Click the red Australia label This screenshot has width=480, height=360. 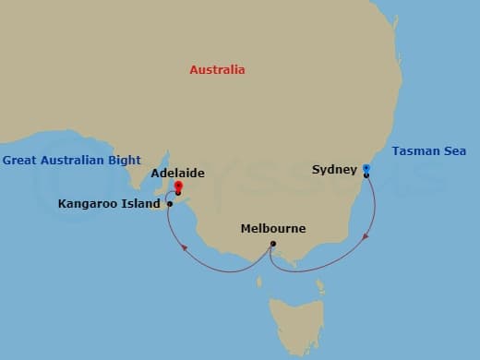[217, 70]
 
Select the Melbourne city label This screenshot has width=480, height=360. [272, 228]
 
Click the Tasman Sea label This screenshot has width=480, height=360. [429, 150]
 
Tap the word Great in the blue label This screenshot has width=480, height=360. [20, 160]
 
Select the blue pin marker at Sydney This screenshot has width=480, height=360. [366, 169]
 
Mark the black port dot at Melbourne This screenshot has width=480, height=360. [272, 244]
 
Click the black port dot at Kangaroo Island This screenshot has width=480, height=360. [170, 203]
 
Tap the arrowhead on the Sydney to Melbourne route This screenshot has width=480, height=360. [366, 237]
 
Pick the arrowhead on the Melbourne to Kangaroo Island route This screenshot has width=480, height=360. [183, 248]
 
